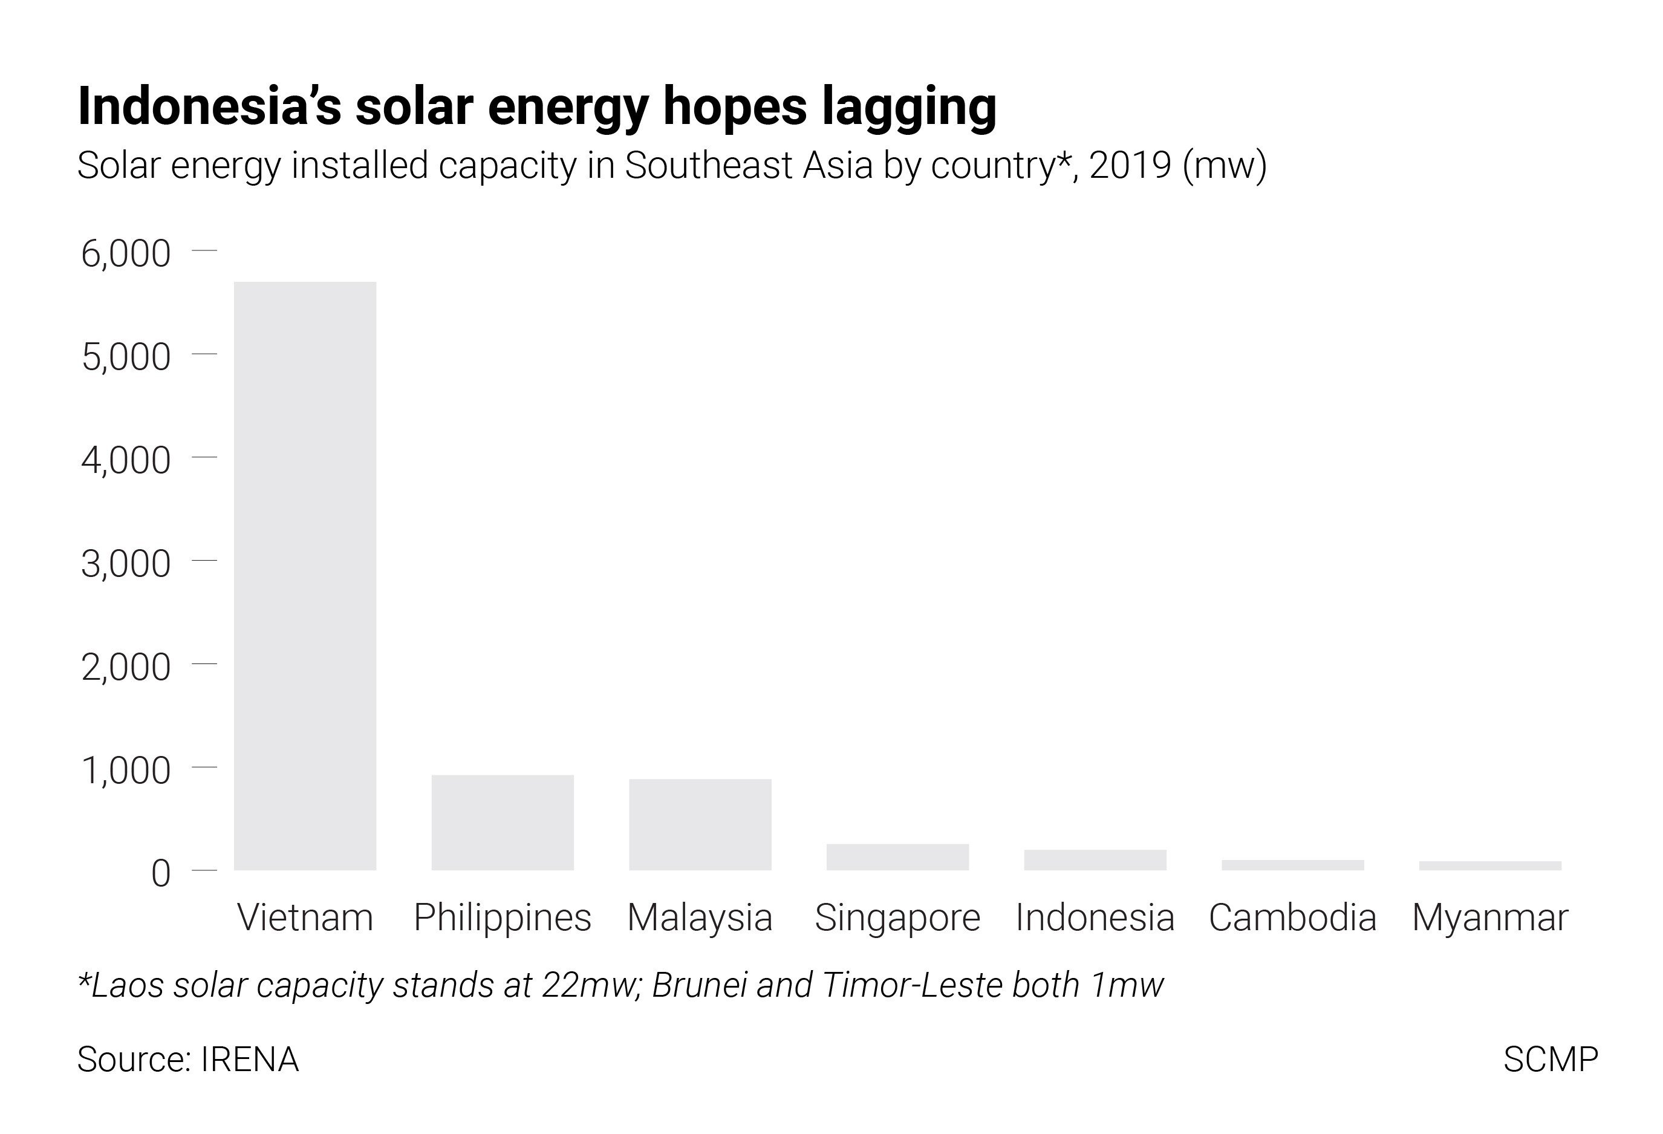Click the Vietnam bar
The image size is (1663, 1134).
305,576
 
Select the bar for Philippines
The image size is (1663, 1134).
503,823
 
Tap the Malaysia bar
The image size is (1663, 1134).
700,824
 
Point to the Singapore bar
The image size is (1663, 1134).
897,857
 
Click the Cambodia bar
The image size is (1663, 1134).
1292,865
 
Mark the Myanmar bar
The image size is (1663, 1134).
1490,865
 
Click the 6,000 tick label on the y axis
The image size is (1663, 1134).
126,254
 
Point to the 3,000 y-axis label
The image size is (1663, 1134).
126,564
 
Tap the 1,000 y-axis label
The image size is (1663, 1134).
126,771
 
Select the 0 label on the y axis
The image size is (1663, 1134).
161,873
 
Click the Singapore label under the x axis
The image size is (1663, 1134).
897,918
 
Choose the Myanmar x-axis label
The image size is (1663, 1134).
1490,918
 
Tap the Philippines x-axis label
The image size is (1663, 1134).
503,918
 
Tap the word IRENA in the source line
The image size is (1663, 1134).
250,1060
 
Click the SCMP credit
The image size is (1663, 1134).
1550,1060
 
